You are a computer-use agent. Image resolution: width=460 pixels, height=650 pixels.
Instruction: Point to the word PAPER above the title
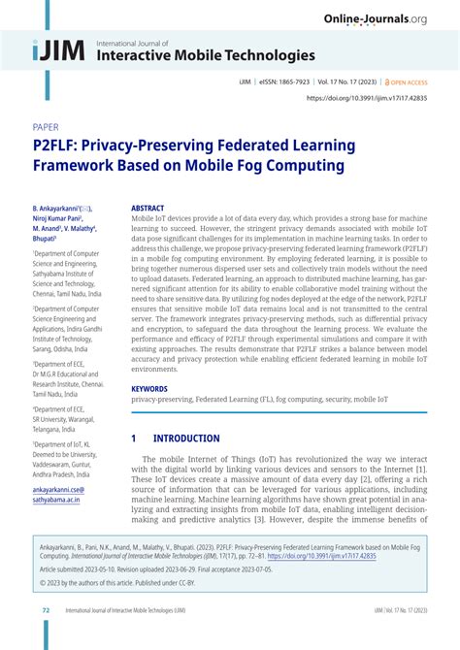[x=47, y=127]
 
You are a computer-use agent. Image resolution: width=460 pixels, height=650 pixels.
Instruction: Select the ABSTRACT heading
[x=148, y=208]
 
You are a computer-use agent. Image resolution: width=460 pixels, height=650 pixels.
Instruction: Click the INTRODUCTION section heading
[x=187, y=438]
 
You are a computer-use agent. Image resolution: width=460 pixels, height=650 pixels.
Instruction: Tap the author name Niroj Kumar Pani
[x=59, y=218]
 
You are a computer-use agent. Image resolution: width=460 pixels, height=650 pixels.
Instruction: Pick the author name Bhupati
[x=45, y=238]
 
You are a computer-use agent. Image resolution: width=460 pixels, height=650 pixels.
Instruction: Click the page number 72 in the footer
[x=46, y=637]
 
